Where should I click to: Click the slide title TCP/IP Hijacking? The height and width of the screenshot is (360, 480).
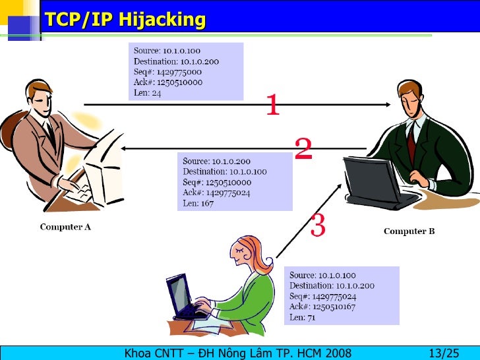tap(125, 20)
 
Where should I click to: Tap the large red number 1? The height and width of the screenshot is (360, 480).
tap(272, 105)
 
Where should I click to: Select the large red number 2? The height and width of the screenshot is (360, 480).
tap(303, 150)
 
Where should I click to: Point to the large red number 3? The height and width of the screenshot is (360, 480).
tap(317, 225)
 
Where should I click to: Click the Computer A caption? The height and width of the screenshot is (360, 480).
tap(65, 227)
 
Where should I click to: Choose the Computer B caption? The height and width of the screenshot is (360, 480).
tap(409, 231)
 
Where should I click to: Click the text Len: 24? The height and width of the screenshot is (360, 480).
tap(148, 93)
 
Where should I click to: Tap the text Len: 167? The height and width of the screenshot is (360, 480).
tap(198, 203)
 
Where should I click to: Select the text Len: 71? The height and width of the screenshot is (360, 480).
tap(303, 317)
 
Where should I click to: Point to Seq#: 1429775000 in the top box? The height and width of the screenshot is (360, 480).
tap(167, 72)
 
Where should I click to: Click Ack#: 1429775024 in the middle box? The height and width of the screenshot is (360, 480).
tap(216, 193)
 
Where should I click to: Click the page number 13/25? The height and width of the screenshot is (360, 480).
tap(443, 352)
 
